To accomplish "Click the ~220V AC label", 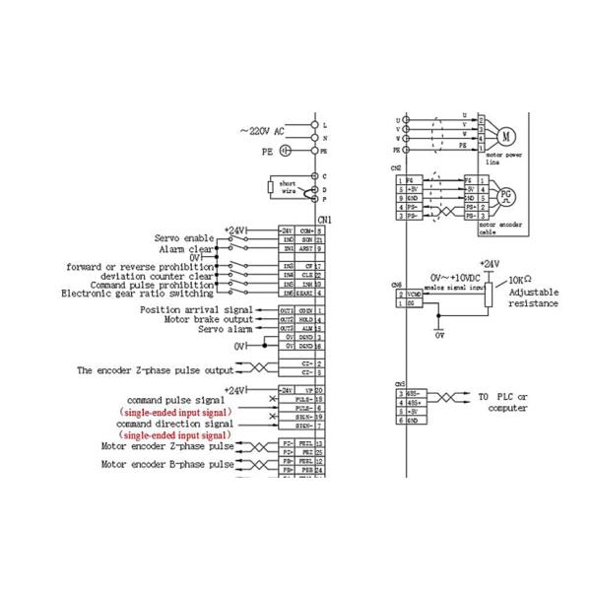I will (x=262, y=131).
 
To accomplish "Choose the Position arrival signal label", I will (x=196, y=310).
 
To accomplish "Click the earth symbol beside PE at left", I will (x=285, y=152).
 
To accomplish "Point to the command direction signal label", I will (x=176, y=423).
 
